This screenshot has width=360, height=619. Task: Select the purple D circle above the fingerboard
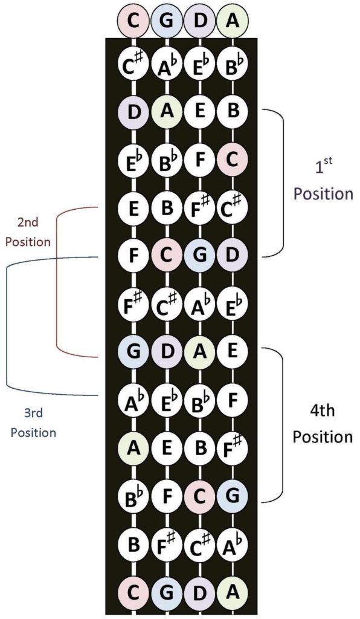[199, 20]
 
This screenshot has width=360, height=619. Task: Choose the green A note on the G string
[166, 112]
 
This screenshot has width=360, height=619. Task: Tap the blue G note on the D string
[199, 256]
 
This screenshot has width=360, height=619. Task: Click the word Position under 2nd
[27, 242]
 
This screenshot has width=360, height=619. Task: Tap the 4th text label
[322, 413]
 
